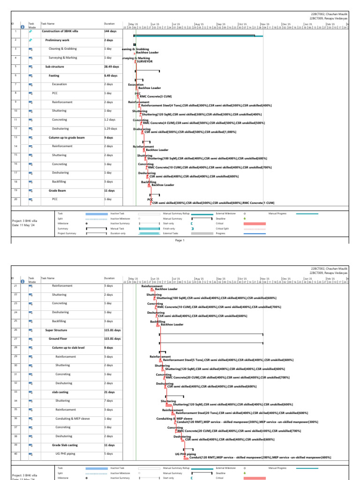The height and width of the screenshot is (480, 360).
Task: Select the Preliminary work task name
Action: pos(58,40)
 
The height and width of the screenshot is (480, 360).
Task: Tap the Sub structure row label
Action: pos(54,67)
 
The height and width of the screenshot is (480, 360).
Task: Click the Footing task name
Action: pos(54,75)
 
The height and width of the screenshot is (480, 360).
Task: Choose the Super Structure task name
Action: pos(56,330)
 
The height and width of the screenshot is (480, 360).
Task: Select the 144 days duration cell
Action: pos(110,31)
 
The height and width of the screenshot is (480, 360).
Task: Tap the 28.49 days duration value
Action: pos(111,67)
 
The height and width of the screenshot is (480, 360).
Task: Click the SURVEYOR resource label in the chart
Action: pos(145,61)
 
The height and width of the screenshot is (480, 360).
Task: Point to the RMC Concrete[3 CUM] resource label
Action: pos(153,97)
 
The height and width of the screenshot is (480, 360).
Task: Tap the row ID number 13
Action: pos(15,137)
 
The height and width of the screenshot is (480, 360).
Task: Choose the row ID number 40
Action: pos(15,454)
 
